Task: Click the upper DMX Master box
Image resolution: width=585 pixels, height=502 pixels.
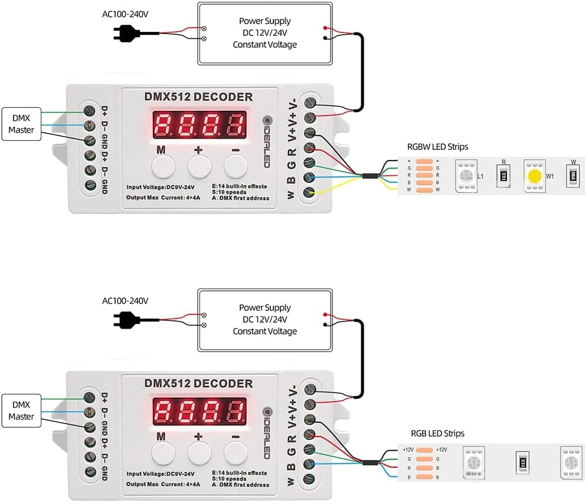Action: click(22, 124)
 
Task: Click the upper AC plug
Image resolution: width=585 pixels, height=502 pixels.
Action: click(125, 34)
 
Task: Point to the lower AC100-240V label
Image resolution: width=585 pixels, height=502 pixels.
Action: click(125, 301)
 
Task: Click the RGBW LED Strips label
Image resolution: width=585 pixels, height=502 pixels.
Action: click(437, 147)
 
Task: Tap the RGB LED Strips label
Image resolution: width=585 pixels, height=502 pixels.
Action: click(437, 434)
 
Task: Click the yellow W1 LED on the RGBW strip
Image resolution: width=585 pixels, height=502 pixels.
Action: click(535, 176)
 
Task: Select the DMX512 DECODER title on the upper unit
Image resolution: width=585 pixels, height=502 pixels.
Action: click(198, 97)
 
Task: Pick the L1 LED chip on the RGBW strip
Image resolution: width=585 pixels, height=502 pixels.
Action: click(466, 176)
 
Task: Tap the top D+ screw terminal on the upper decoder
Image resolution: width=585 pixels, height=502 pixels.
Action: click(90, 110)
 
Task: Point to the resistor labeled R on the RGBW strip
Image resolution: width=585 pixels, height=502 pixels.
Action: click(504, 176)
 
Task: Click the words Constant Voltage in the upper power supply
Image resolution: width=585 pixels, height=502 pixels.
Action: click(264, 45)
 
